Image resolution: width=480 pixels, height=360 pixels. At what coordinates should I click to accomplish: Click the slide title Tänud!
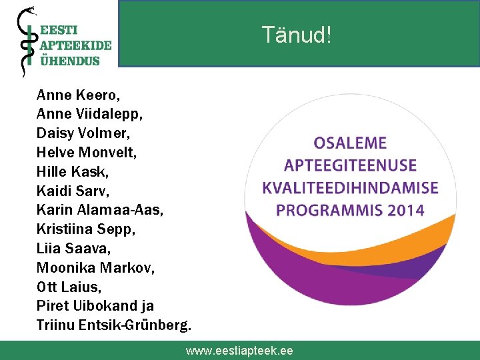pyautogui.click(x=296, y=35)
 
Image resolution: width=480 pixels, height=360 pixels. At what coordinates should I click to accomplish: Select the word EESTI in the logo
pyautogui.click(x=59, y=30)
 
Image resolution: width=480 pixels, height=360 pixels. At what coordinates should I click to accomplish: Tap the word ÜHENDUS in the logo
pyautogui.click(x=70, y=60)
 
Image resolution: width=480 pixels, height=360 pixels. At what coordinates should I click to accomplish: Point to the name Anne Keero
pyautogui.click(x=78, y=95)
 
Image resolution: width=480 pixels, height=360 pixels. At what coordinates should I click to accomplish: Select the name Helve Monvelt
pyautogui.click(x=87, y=153)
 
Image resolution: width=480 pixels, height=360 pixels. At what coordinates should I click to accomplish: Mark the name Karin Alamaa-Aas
pyautogui.click(x=100, y=210)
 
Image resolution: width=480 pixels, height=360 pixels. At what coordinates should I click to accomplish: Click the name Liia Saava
pyautogui.click(x=73, y=249)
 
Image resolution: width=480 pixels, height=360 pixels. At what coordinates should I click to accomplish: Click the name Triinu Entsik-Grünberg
pyautogui.click(x=114, y=325)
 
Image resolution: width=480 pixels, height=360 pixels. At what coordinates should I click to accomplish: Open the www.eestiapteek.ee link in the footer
pyautogui.click(x=239, y=351)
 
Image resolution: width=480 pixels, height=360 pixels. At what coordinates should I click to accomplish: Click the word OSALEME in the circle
pyautogui.click(x=350, y=143)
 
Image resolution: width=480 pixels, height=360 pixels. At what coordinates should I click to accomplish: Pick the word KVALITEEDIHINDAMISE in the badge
pyautogui.click(x=350, y=188)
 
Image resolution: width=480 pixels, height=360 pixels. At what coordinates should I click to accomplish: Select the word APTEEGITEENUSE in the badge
pyautogui.click(x=350, y=165)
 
